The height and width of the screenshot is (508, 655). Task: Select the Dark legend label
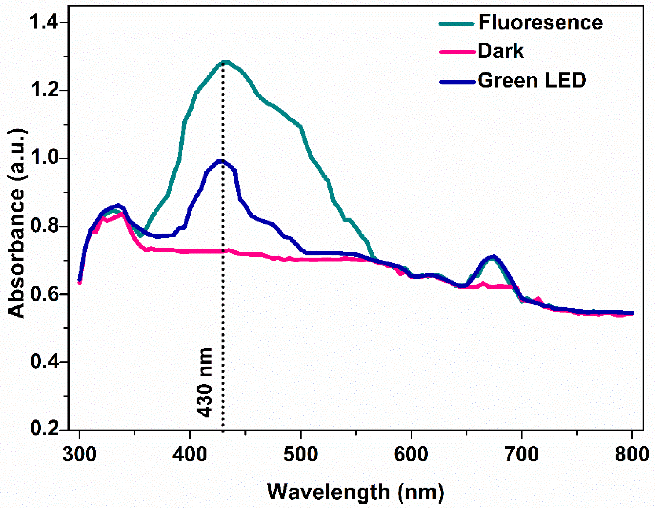tap(501, 51)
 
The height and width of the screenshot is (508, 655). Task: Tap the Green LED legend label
tap(532, 80)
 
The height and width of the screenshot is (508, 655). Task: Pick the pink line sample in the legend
tap(457, 52)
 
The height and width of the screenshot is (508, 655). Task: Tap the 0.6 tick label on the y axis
tap(45, 294)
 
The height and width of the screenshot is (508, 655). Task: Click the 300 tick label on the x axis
tap(79, 454)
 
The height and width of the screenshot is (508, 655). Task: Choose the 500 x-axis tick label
tap(300, 454)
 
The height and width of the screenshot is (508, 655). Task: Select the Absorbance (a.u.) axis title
tap(16, 224)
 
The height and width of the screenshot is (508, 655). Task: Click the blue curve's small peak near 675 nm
tap(493, 256)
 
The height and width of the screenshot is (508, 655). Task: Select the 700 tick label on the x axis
tap(521, 454)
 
